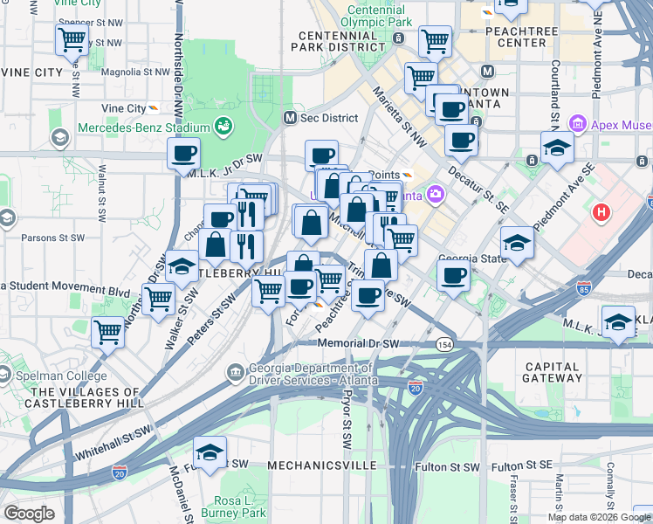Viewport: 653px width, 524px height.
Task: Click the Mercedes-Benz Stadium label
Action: coord(145,128)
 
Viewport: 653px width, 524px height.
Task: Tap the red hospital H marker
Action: coord(601,212)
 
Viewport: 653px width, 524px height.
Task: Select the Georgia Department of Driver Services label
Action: coord(314,375)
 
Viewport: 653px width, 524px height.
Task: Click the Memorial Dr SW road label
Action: coord(358,344)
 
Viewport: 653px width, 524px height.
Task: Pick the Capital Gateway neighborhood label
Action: coord(552,372)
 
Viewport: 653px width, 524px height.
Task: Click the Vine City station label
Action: coord(123,108)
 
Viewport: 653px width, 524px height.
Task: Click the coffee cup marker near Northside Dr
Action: coord(183,154)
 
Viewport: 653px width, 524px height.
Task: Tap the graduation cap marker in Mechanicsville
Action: coord(210,452)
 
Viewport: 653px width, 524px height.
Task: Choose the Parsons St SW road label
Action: coord(52,238)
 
